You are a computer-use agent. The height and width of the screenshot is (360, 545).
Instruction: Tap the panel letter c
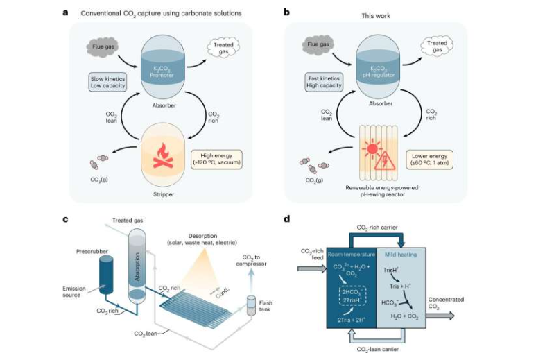[x=64, y=219]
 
